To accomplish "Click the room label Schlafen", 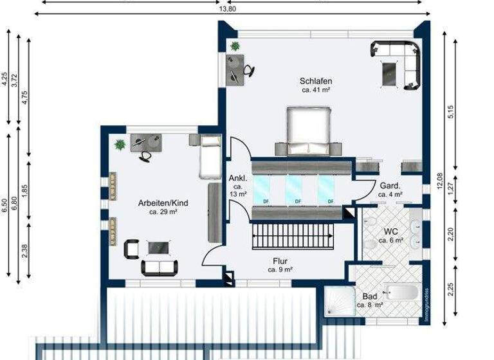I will coord(315,81).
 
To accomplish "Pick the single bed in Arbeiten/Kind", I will coord(210,157).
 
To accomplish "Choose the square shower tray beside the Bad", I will coord(339,301).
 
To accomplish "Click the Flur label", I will coord(279,261).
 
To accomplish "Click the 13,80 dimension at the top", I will coord(228,10).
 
